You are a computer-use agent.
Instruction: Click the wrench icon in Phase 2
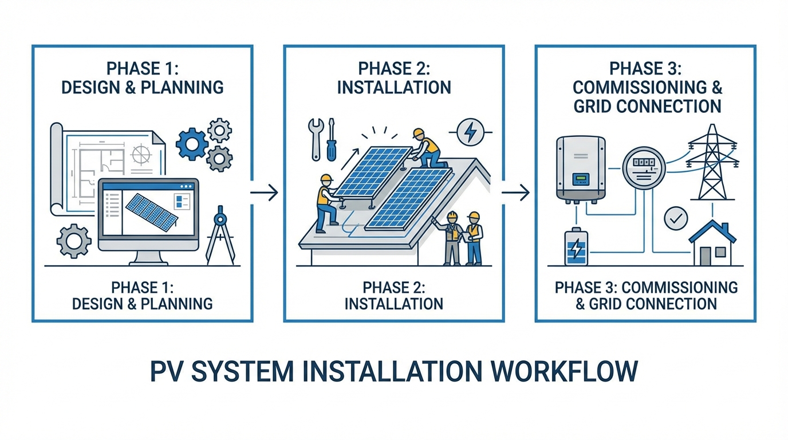point(316,137)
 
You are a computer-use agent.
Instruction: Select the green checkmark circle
point(676,218)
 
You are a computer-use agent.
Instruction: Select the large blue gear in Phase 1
point(191,144)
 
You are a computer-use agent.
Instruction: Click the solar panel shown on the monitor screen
point(151,211)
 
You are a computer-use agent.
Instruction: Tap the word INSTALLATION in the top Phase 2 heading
point(394,87)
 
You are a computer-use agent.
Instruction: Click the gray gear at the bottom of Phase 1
point(74,241)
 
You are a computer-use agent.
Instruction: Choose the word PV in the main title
point(167,371)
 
